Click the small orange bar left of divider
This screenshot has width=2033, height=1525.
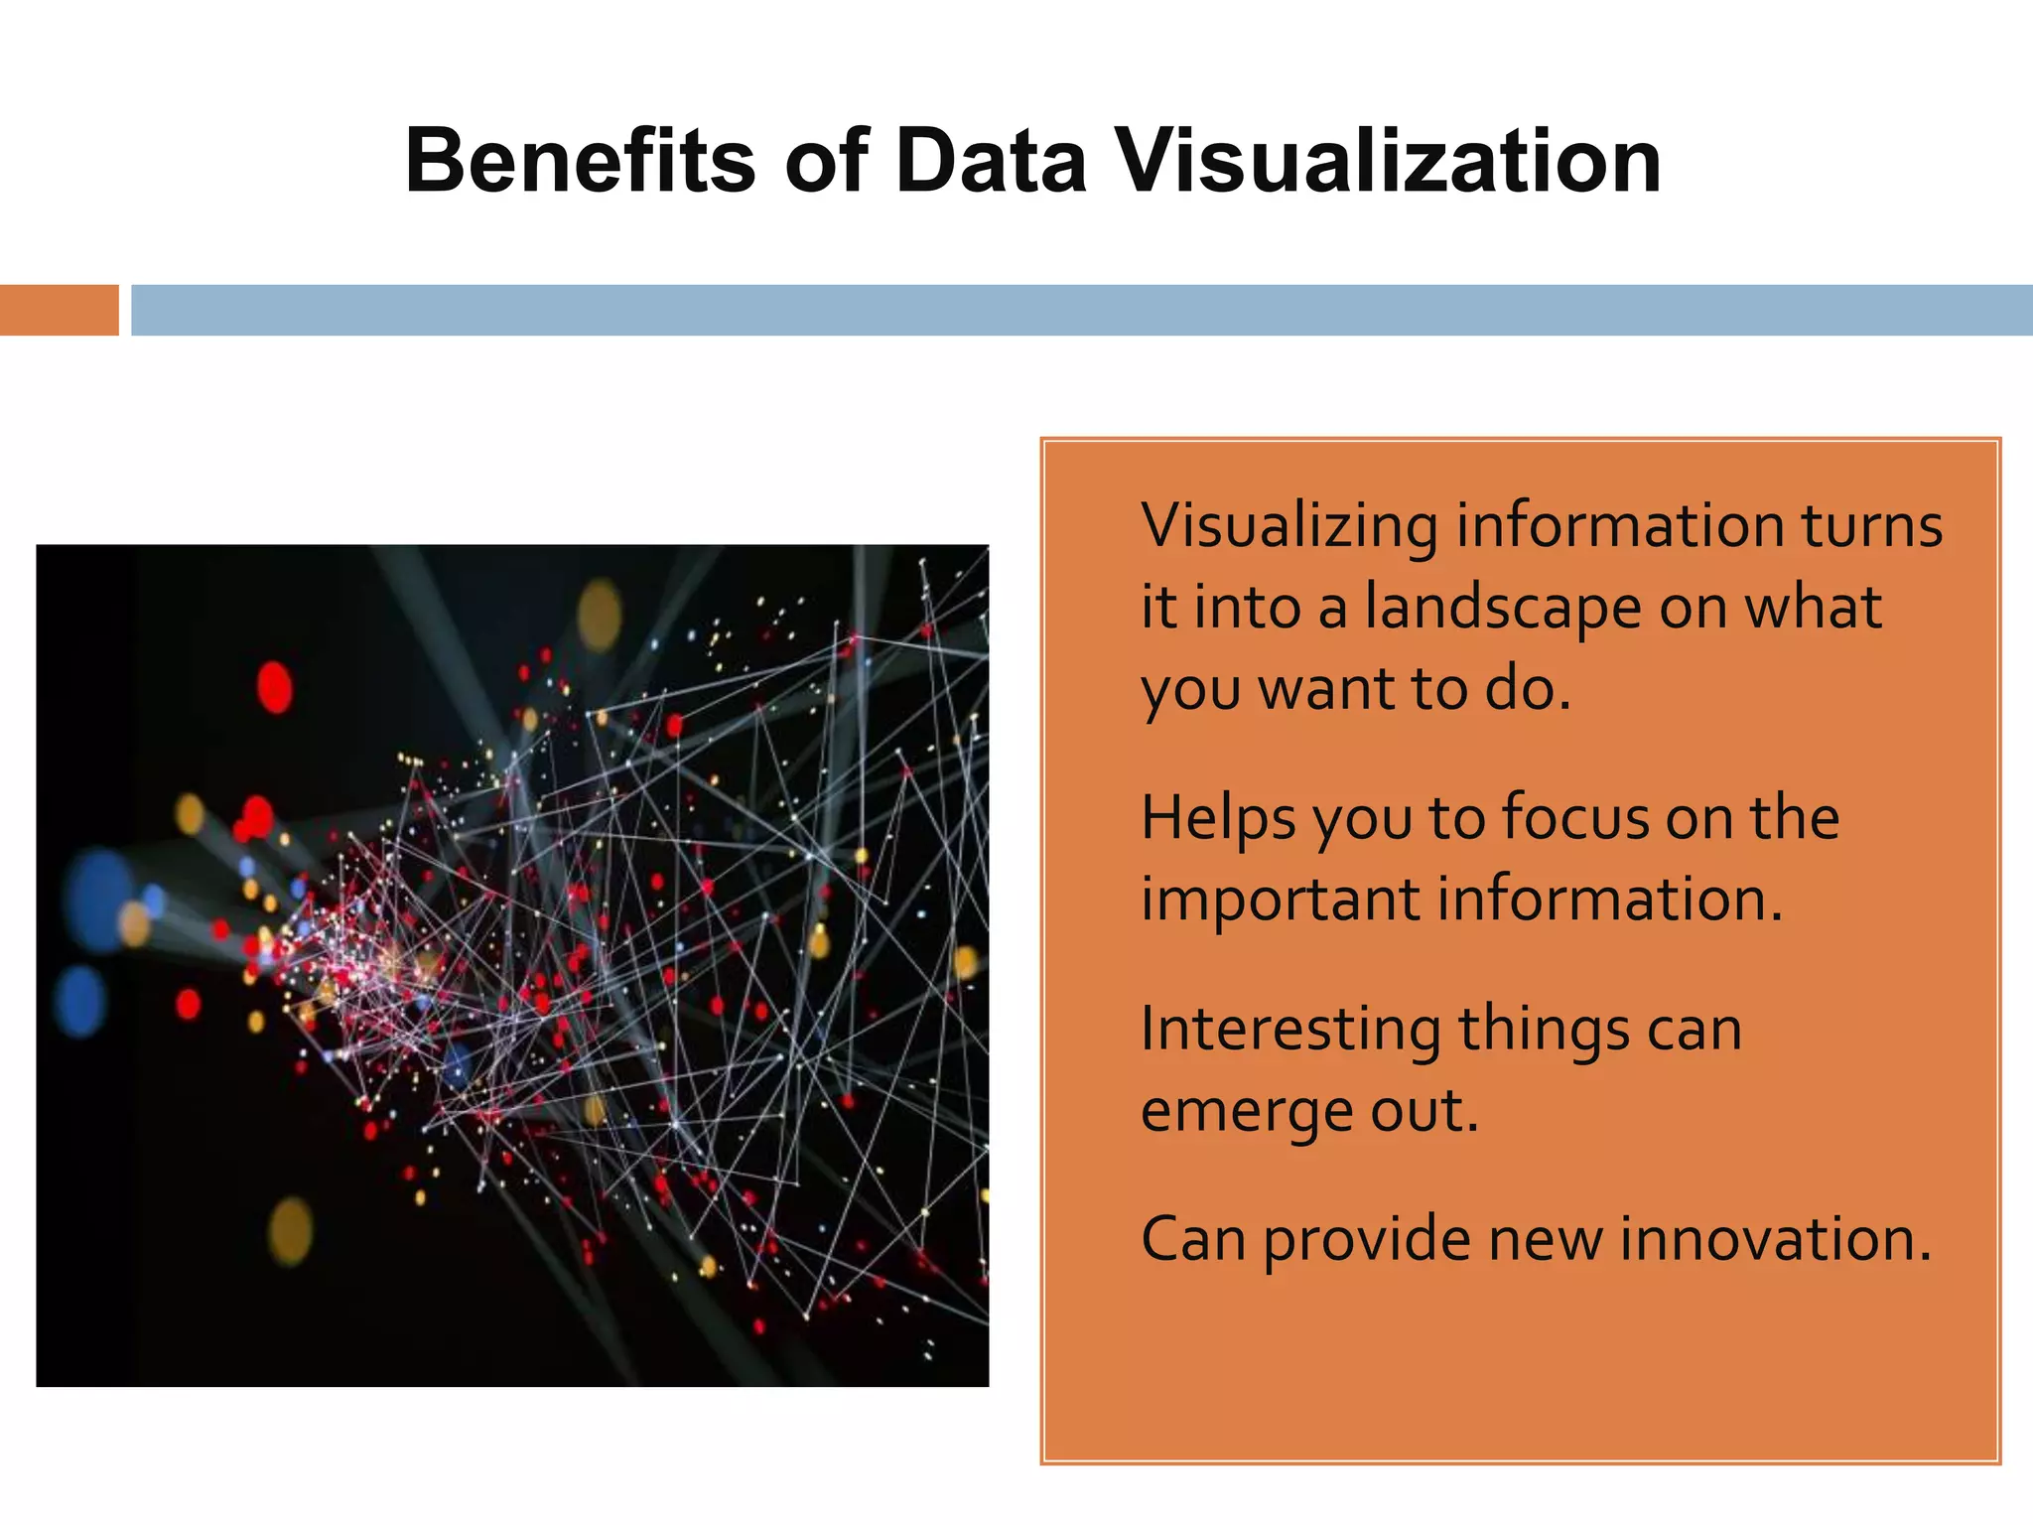59,310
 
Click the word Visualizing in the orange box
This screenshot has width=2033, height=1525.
1288,526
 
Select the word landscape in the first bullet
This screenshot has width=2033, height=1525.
1503,608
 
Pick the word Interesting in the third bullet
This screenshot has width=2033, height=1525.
1289,1029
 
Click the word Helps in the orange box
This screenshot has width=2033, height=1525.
1217,818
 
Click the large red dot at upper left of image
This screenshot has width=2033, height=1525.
275,687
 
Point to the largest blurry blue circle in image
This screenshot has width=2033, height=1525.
99,899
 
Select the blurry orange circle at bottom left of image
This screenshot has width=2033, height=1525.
291,1231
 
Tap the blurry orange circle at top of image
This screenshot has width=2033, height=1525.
600,614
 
